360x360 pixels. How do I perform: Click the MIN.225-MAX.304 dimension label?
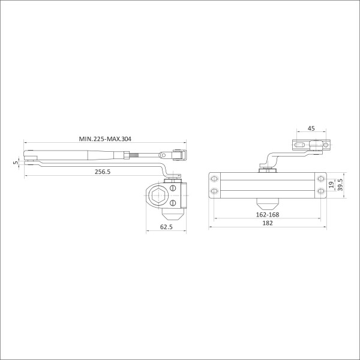(x=105, y=139)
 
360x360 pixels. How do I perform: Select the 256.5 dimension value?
(x=103, y=172)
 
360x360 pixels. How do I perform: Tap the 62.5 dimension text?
(x=166, y=227)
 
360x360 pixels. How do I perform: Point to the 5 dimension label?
(x=16, y=163)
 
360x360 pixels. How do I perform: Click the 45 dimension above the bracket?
(x=311, y=128)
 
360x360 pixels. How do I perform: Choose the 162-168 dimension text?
(x=268, y=215)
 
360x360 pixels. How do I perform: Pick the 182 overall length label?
(x=268, y=223)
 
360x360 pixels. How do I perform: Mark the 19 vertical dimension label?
(x=331, y=185)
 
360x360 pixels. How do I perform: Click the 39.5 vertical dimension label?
(x=340, y=185)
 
